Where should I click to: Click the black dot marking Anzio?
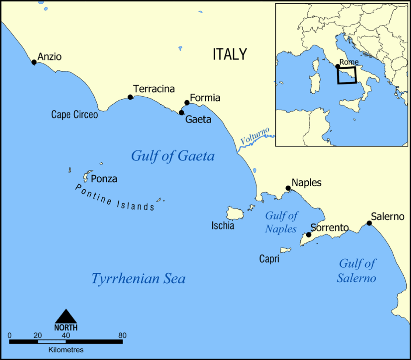point(34,62)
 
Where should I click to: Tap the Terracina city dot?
point(130,97)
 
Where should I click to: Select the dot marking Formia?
point(187,103)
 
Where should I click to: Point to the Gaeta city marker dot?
point(181,112)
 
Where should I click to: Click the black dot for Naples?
point(288,188)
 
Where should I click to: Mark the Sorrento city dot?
point(309,235)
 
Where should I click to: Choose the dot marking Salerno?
point(369,223)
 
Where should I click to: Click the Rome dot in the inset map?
point(338,66)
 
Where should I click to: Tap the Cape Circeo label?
point(74,115)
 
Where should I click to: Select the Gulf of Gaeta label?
point(173,156)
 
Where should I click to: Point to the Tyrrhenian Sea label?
point(138,278)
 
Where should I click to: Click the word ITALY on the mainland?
point(230,54)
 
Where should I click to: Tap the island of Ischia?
point(236,213)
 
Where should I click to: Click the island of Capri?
point(286,250)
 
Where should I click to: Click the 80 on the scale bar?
point(122,335)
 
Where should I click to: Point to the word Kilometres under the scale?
point(66,350)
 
